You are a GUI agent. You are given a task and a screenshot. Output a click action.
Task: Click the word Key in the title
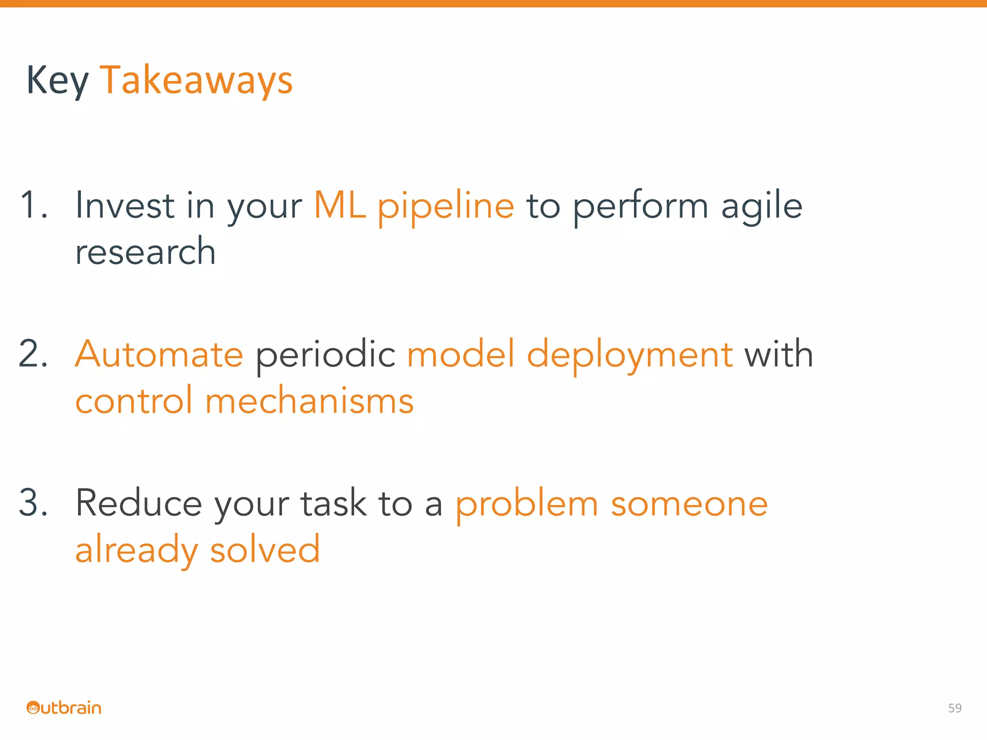coord(57,81)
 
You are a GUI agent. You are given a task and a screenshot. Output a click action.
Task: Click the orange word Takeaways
coord(196,81)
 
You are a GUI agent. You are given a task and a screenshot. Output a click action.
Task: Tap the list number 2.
coord(33,354)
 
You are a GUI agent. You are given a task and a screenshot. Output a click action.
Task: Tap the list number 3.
coord(33,503)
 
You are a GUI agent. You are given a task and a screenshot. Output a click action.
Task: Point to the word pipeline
coord(446,207)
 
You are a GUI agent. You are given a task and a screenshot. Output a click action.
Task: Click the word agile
coord(761,207)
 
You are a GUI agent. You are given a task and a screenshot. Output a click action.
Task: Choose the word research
coord(145,252)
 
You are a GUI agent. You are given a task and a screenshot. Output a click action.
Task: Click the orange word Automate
coord(159,354)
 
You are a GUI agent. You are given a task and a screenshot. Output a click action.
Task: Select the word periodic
coord(325,356)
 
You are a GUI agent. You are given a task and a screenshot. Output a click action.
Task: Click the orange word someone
coord(689,504)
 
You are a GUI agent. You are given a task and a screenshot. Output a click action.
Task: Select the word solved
coord(265,550)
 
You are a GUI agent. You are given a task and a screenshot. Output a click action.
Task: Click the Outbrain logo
coord(64,708)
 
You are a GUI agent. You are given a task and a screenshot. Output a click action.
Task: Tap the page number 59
coord(955,708)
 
